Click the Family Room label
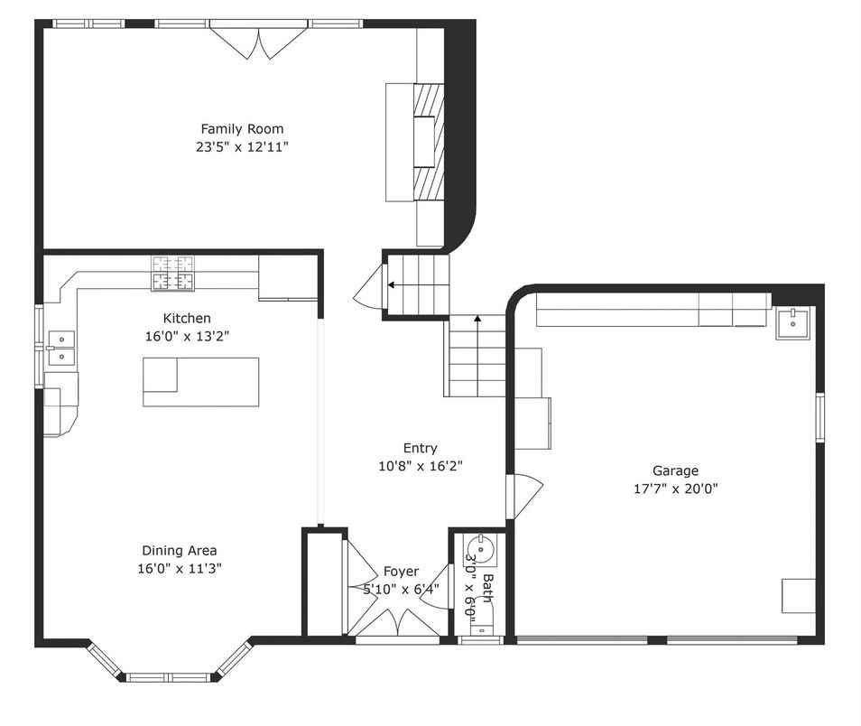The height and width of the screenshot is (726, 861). (242, 129)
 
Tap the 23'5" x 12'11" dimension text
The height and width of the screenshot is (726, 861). (242, 147)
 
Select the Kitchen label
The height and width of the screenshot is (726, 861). (187, 318)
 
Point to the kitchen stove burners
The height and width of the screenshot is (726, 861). (173, 273)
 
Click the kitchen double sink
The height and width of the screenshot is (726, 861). (61, 349)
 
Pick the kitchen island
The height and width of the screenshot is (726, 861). (201, 382)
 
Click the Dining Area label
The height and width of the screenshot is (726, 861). (180, 551)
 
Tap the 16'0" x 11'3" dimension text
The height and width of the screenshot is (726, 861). (180, 569)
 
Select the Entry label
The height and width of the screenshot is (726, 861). (420, 449)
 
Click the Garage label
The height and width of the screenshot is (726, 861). (675, 471)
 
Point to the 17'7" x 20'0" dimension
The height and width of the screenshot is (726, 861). (676, 489)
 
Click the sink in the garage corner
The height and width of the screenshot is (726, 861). (792, 323)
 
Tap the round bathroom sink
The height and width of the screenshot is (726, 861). (481, 549)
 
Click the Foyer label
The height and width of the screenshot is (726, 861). (401, 572)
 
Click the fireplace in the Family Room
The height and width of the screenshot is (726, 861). (428, 142)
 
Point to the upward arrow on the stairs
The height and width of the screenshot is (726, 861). (477, 356)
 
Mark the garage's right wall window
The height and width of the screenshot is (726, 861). (819, 417)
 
